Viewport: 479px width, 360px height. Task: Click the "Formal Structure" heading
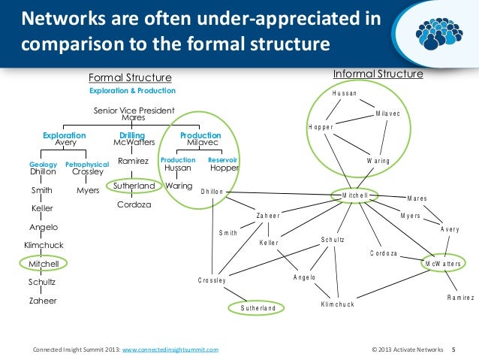tap(130, 78)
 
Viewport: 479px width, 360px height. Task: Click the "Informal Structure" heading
tap(378, 74)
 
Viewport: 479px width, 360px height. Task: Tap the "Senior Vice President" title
tap(134, 110)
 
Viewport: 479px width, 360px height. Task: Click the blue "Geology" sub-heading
tap(43, 163)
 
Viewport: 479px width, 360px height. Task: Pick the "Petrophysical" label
tap(87, 163)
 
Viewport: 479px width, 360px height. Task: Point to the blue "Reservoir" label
tap(223, 160)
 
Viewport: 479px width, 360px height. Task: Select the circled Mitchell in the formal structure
tap(44, 265)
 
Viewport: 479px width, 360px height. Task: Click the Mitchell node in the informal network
tap(354, 195)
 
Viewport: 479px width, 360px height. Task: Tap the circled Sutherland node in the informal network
tap(258, 308)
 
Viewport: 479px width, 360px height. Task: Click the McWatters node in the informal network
tap(443, 265)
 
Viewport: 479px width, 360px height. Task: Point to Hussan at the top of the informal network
tap(345, 93)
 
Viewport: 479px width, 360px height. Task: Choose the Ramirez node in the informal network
tap(459, 298)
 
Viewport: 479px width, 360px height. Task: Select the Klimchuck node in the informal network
tap(337, 304)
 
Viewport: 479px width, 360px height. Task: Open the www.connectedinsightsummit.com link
tap(170, 350)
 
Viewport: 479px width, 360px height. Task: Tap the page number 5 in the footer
tap(453, 350)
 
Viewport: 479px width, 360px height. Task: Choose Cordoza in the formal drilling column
tap(133, 204)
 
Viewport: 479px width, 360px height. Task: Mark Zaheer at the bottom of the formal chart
tap(42, 301)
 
